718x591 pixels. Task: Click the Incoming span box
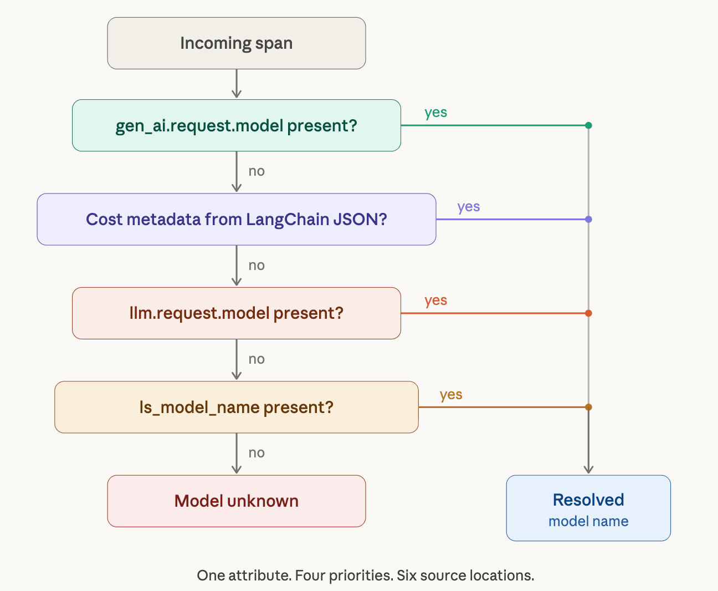237,43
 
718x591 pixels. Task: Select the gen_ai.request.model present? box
237,125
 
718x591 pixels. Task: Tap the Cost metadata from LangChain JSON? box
237,220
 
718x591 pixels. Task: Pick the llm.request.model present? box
237,313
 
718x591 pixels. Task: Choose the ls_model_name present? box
237,407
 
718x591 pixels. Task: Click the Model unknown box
237,501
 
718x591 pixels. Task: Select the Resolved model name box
588,508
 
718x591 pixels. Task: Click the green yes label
435,113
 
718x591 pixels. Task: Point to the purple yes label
469,207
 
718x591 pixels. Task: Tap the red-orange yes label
435,300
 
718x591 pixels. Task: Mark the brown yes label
451,395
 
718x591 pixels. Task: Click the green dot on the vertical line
588,125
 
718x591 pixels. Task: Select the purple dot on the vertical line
588,220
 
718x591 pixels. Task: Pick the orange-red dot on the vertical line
588,313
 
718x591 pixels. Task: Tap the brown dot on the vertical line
588,407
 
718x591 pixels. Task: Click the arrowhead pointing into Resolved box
588,470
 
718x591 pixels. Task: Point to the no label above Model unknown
257,453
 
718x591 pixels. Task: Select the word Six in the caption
407,575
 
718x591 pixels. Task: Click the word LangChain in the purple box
288,220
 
